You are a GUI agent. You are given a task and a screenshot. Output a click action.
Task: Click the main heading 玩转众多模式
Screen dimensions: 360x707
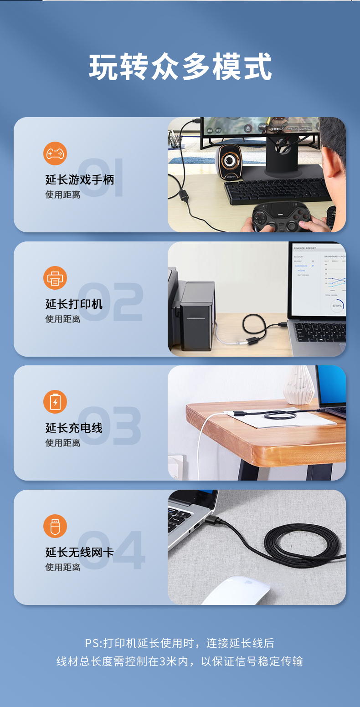pyautogui.click(x=180, y=67)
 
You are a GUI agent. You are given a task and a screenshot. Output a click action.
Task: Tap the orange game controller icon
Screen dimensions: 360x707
pyautogui.click(x=55, y=154)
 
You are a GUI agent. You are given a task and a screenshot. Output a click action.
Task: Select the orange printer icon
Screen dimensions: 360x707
pyautogui.click(x=55, y=278)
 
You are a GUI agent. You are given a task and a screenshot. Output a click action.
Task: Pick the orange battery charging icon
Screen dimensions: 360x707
pyautogui.click(x=55, y=402)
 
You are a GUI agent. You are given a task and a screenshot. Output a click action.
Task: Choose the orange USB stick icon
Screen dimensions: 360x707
pyautogui.click(x=55, y=526)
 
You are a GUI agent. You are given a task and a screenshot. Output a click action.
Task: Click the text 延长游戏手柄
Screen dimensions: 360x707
pyautogui.click(x=80, y=179)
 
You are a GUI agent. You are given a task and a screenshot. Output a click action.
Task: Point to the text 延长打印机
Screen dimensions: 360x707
pyautogui.click(x=74, y=304)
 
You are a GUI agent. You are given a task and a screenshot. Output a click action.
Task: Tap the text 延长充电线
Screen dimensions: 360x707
pyautogui.click(x=74, y=428)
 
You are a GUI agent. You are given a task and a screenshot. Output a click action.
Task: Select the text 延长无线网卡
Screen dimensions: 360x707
pyautogui.click(x=80, y=552)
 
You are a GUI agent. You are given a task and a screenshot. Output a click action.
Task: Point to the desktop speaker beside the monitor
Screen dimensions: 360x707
pyautogui.click(x=229, y=162)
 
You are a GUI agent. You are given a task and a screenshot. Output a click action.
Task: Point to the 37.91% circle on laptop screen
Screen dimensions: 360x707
pyautogui.click(x=337, y=306)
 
